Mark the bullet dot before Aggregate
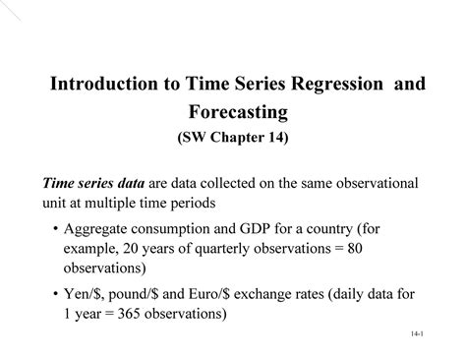(x=53, y=230)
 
